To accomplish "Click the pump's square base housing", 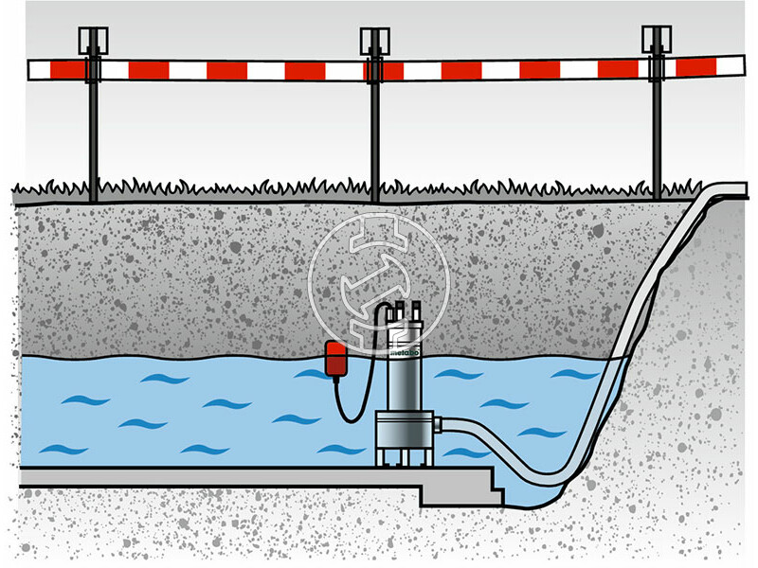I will point(403,432).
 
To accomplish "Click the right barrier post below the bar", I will point(656,142).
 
